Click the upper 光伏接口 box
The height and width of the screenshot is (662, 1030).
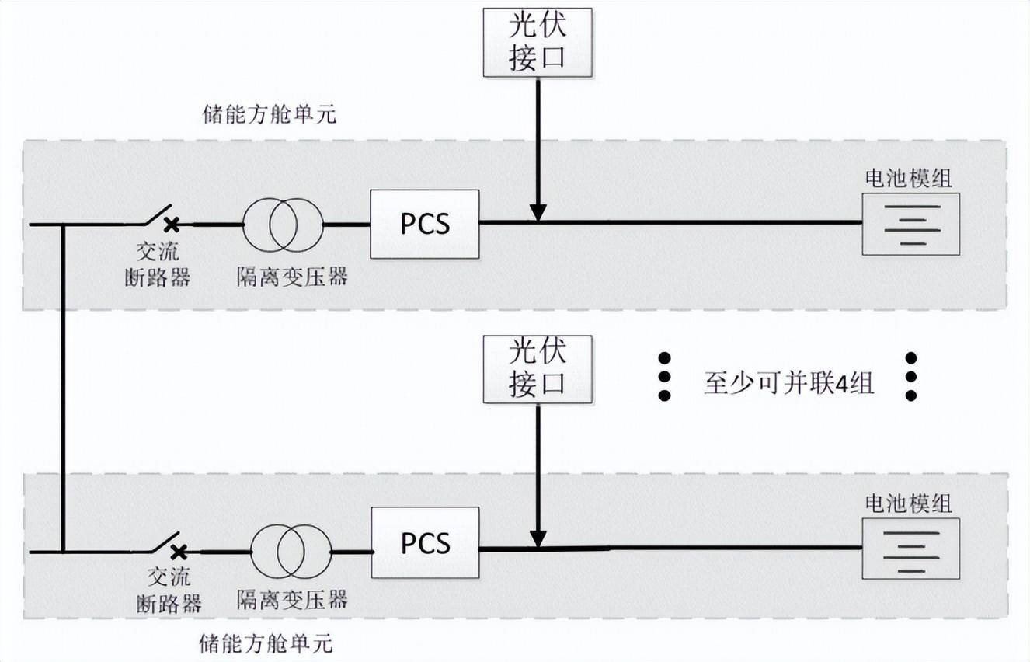pos(538,43)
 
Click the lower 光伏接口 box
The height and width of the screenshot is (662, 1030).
pos(538,369)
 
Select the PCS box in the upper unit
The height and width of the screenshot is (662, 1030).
pos(425,224)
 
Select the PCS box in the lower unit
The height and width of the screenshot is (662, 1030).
pos(425,542)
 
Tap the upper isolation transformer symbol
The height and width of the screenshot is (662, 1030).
pos(283,225)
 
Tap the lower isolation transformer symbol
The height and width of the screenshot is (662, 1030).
pos(291,551)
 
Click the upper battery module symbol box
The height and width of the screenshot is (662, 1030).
pos(911,224)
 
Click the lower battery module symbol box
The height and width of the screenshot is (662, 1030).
pos(911,549)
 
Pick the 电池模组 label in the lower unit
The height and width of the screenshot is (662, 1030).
pos(909,503)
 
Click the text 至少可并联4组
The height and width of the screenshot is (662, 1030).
pos(788,383)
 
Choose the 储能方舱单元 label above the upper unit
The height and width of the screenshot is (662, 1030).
pos(268,115)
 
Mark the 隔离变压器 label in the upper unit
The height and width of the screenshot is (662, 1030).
pos(292,277)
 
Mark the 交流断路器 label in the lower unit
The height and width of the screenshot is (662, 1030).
pos(169,591)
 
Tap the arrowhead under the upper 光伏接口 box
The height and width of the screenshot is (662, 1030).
pos(538,212)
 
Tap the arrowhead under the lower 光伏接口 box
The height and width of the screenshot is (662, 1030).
pos(538,538)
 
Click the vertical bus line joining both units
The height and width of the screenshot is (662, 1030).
pos(63,388)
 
